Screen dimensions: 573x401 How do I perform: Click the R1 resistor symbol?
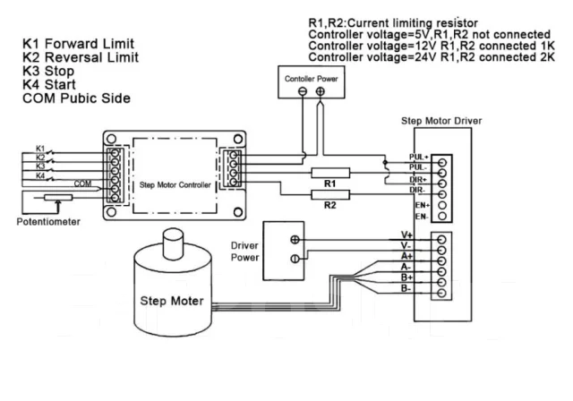click(330, 173)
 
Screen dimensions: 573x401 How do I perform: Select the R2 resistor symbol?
click(330, 194)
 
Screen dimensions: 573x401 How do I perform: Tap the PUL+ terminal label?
click(418, 157)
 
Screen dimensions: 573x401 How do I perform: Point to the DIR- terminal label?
click(417, 190)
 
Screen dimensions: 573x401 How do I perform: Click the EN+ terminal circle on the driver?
click(441, 205)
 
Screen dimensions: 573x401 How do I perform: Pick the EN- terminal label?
click(422, 217)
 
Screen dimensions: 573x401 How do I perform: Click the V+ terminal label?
click(406, 235)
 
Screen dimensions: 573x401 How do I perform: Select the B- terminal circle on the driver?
click(441, 293)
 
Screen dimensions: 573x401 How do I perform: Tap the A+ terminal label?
click(406, 256)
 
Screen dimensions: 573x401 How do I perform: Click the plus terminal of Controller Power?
click(321, 91)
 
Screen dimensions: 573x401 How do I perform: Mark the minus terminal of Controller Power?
click(303, 91)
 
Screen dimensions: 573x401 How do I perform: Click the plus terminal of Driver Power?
click(295, 240)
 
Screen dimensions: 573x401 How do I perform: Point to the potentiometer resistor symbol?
click(58, 198)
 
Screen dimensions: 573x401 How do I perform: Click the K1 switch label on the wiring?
click(40, 149)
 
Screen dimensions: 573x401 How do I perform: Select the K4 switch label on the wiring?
click(40, 176)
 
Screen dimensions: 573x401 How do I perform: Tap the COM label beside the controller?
click(82, 183)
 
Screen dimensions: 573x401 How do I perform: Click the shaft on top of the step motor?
click(173, 244)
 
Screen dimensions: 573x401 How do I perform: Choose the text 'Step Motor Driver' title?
click(441, 121)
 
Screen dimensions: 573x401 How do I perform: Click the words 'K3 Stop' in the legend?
click(48, 71)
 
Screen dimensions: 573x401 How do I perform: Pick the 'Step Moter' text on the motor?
click(172, 301)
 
